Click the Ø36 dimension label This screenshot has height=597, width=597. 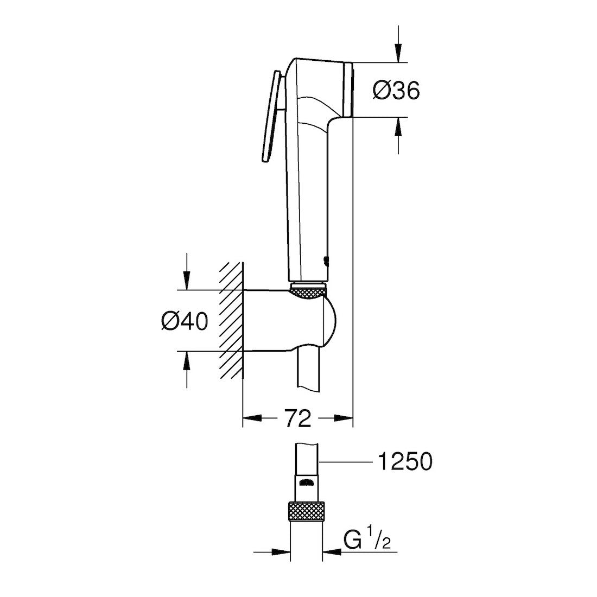[x=396, y=91]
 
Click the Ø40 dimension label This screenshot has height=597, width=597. [x=184, y=322]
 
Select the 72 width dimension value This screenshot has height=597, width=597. [x=297, y=418]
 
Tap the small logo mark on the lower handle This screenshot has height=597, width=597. [x=326, y=262]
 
